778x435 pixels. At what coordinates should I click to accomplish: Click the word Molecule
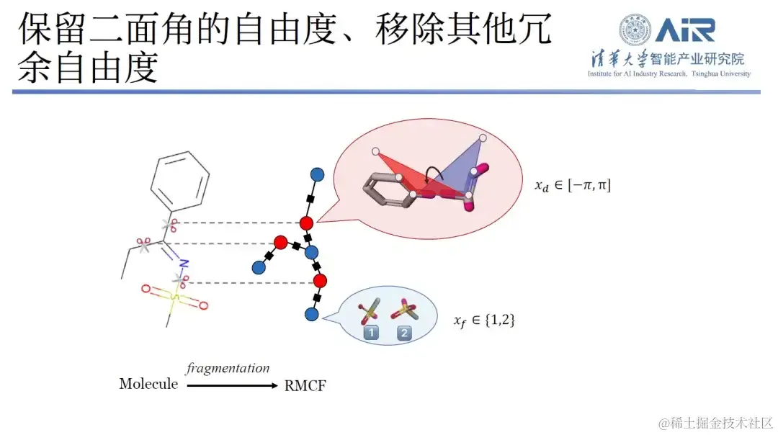pos(148,384)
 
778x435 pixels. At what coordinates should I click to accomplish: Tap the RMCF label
pos(305,385)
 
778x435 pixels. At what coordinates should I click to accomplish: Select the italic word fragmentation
pos(228,369)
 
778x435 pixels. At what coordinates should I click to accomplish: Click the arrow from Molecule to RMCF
pos(232,386)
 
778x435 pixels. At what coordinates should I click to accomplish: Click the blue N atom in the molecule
pos(184,263)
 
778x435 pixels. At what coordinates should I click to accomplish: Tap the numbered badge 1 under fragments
pos(371,333)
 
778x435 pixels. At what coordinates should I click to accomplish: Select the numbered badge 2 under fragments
pos(404,333)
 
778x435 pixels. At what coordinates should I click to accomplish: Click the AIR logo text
pos(684,30)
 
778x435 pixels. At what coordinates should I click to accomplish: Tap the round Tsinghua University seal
pos(635,30)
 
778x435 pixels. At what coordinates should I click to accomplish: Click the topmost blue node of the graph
pos(316,174)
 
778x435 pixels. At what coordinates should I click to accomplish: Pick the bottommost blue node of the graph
pos(311,314)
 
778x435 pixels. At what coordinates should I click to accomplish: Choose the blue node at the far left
pos(258,268)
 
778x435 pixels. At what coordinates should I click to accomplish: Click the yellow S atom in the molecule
pos(174,296)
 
